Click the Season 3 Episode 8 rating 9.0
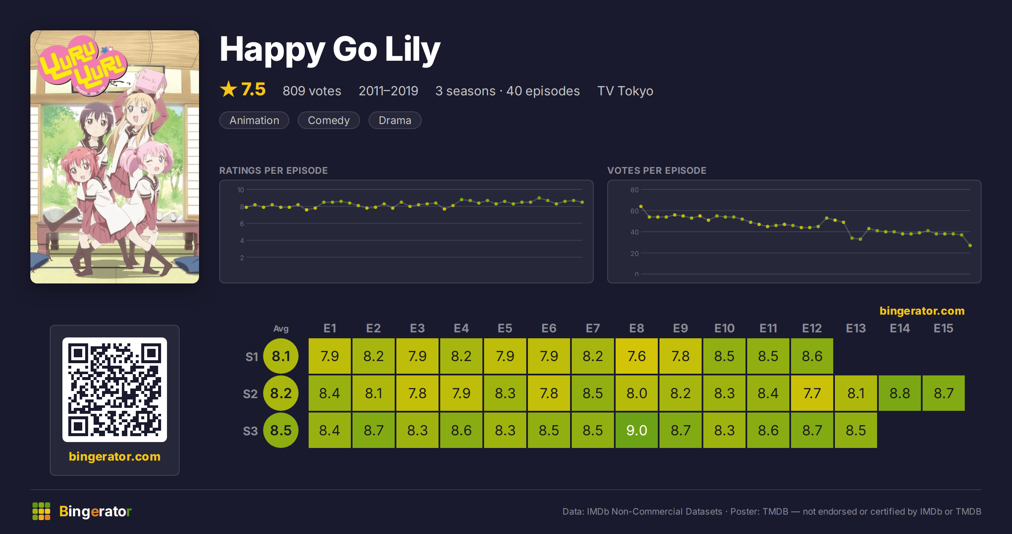point(637,430)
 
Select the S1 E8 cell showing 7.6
point(637,356)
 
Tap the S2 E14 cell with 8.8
point(900,393)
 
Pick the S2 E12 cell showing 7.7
point(812,393)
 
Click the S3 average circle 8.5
point(281,430)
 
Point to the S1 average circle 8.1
point(281,356)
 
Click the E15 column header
point(943,328)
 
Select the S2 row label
point(250,394)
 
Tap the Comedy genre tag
point(329,120)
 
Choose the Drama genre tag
point(395,120)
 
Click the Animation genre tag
point(254,120)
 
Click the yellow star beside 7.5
point(229,89)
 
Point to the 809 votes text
point(312,91)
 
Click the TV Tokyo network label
point(625,91)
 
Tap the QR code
point(115,390)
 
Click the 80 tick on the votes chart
point(635,190)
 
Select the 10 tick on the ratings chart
point(241,190)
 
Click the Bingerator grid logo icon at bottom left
point(41,511)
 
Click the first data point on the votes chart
point(641,206)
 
